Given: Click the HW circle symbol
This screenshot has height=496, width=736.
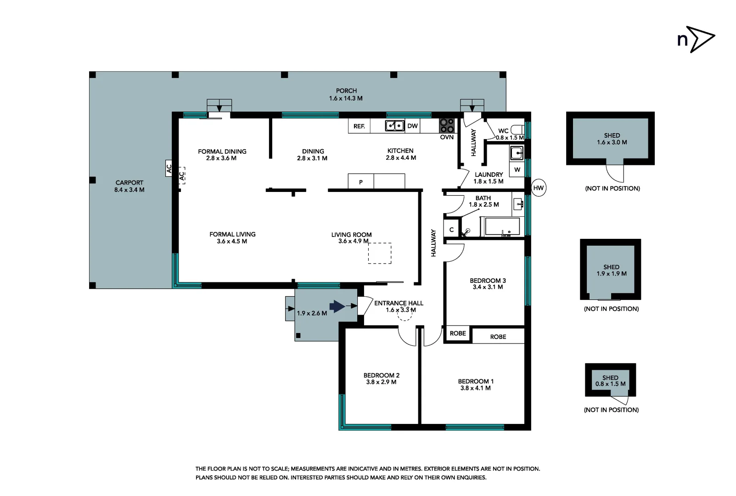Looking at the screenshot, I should [x=539, y=188].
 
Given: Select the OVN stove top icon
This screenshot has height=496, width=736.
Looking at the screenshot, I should [x=447, y=125].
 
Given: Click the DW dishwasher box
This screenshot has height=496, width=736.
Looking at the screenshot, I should [x=412, y=126].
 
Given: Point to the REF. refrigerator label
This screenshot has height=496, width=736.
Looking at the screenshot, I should [x=359, y=126].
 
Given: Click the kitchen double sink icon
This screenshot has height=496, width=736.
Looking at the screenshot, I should [x=394, y=125].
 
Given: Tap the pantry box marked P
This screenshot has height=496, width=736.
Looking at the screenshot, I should [x=361, y=181].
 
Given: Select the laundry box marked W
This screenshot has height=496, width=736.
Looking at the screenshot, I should [x=517, y=169].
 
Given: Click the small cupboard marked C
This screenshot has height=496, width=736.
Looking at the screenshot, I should [x=452, y=230].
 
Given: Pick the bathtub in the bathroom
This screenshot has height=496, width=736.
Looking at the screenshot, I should [x=500, y=227].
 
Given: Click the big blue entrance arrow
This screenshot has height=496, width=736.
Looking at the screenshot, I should [x=337, y=306].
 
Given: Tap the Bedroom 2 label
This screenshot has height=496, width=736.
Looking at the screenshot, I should [x=381, y=375].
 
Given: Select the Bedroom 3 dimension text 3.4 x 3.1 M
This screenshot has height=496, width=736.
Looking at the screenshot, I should [x=488, y=287].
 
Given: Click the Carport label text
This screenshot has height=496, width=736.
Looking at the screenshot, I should [x=129, y=182].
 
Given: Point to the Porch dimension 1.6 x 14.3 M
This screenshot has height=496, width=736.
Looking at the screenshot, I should [x=345, y=98].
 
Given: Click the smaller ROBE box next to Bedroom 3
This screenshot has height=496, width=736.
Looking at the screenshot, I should [x=458, y=333].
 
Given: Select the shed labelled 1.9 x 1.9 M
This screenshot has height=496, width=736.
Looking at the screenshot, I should [x=611, y=271].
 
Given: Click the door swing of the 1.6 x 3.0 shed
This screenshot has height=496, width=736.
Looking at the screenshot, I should [x=615, y=173].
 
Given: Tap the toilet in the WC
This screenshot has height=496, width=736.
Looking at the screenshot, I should [x=518, y=130].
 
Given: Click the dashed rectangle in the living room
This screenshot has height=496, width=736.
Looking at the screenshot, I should [x=380, y=253].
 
